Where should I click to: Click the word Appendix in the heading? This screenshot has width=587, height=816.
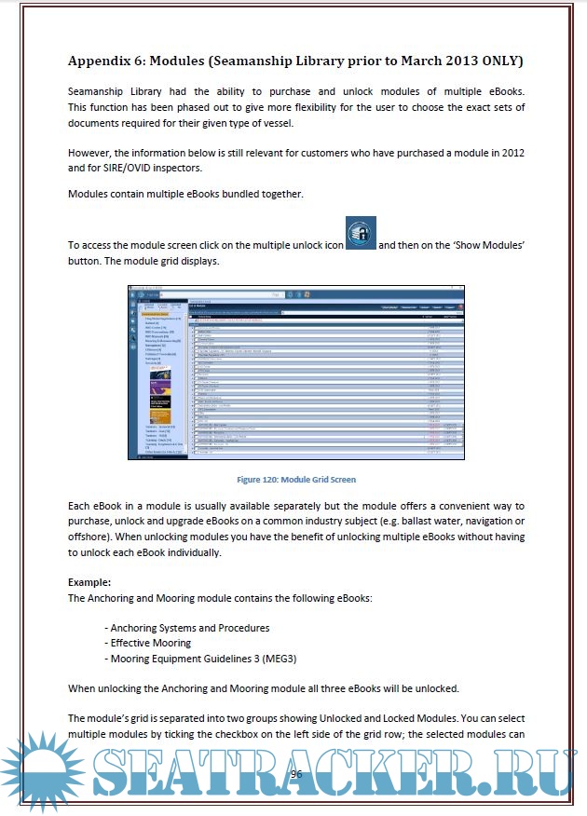click(103, 61)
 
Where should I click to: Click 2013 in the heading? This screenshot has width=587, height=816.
click(431, 61)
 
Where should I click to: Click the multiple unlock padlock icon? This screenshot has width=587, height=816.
click(360, 235)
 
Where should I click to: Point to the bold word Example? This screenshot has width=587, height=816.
click(89, 581)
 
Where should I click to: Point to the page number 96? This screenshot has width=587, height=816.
click(297, 774)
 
